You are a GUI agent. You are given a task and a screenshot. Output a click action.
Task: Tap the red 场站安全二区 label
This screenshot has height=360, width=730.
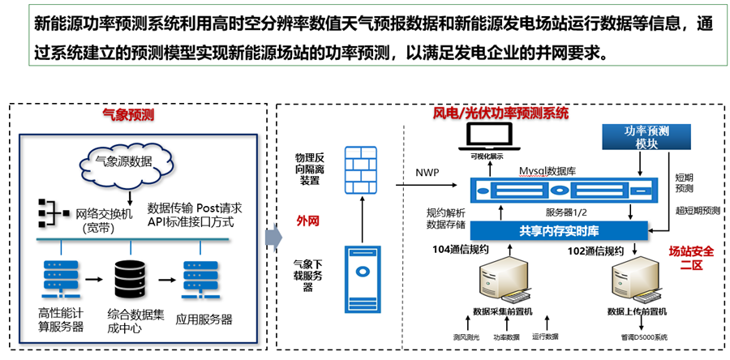[x=690, y=257]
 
